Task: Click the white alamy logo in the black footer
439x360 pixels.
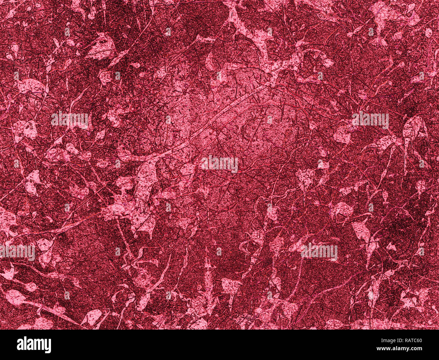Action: click(34, 345)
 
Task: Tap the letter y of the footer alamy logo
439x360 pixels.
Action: click(48, 346)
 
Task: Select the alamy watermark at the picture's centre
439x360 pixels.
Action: click(219, 164)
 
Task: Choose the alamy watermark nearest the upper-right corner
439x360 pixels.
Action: click(370, 120)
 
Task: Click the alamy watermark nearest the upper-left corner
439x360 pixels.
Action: click(70, 120)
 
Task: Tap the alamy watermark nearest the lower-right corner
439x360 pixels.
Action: click(319, 252)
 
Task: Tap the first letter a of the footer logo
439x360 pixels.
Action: click(20, 346)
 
